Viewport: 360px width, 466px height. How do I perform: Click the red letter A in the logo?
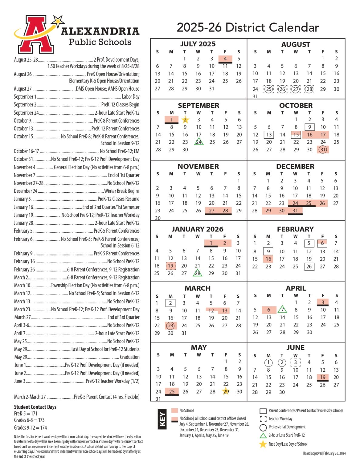click(x=36, y=35)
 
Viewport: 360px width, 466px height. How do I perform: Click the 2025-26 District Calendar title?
click(x=247, y=27)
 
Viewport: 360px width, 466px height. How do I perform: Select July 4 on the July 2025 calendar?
click(x=225, y=59)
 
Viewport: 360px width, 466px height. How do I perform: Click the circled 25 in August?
click(x=268, y=89)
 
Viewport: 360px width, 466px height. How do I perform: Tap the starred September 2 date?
click(x=185, y=120)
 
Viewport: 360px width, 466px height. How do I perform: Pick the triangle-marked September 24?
click(x=199, y=142)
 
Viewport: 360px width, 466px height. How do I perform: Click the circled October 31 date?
click(x=323, y=150)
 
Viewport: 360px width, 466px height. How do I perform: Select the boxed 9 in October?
click(x=309, y=127)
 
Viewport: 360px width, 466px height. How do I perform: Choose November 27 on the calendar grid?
click(x=212, y=211)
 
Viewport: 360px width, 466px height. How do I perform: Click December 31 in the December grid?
click(x=295, y=211)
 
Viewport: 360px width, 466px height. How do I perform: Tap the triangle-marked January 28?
click(x=197, y=273)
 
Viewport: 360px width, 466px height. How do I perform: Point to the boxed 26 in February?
click(x=309, y=267)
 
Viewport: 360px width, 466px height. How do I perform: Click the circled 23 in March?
click(x=170, y=326)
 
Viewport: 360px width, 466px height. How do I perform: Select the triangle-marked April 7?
click(x=282, y=310)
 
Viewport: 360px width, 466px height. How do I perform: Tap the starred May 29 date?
click(x=226, y=391)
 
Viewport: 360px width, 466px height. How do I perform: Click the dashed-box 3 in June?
click(x=295, y=362)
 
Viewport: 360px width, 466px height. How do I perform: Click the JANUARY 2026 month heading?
click(x=197, y=229)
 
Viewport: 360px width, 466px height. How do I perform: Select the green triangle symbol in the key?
click(x=263, y=436)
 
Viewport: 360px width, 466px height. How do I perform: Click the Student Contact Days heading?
click(x=35, y=407)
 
